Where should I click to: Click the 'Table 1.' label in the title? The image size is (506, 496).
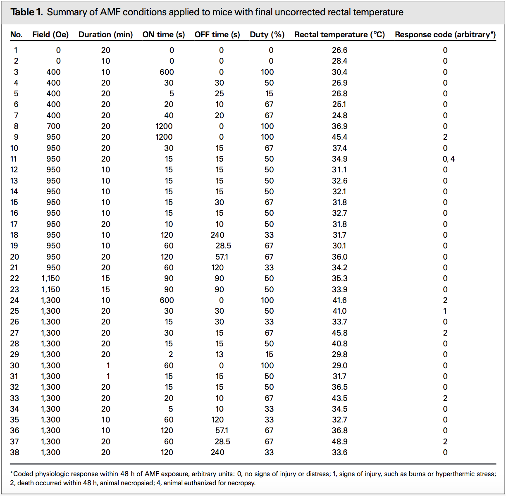[x=26, y=12]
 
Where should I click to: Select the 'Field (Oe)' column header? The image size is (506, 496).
[x=50, y=34]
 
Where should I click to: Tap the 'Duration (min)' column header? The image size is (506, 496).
[x=105, y=34]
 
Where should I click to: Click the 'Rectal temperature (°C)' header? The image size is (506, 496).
[x=339, y=34]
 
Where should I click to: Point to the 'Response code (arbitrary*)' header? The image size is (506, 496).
[x=445, y=34]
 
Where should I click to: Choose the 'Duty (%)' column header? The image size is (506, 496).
[x=267, y=34]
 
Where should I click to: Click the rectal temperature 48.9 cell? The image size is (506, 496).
[x=339, y=441]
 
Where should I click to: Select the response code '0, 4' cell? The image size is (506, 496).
[x=448, y=159]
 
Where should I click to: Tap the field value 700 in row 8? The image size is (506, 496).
[x=53, y=126]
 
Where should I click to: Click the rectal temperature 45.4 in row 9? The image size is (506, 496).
[x=339, y=137]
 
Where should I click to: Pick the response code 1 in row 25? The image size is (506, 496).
[x=445, y=311]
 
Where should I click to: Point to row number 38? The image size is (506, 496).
[x=14, y=452]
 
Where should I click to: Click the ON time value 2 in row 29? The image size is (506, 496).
[x=171, y=354]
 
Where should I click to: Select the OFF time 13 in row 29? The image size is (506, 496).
[x=219, y=354]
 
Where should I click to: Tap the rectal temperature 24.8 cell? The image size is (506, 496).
[x=339, y=115]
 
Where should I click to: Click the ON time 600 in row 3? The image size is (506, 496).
[x=167, y=72]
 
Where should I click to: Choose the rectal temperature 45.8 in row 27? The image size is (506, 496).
[x=339, y=333]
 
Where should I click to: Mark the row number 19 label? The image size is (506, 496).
[x=14, y=246]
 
